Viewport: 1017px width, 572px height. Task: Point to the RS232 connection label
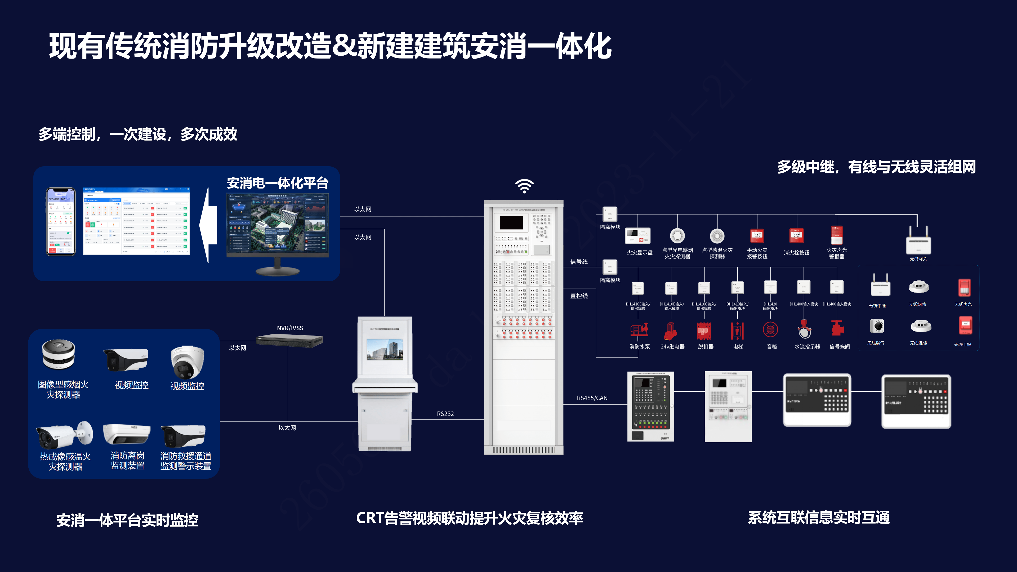pyautogui.click(x=445, y=414)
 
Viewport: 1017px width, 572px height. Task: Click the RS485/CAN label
pyautogui.click(x=592, y=398)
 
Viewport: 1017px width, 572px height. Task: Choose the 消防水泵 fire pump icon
pyautogui.click(x=639, y=330)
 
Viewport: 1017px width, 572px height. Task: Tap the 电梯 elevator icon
pyautogui.click(x=737, y=331)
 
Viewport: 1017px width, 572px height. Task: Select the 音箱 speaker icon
pyautogui.click(x=770, y=330)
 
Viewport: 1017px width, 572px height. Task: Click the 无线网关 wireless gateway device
pyautogui.click(x=918, y=240)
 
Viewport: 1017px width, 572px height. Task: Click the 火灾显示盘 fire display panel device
pyautogui.click(x=637, y=236)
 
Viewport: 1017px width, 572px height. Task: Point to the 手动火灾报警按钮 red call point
pyautogui.click(x=757, y=236)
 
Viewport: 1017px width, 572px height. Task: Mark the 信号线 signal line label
pyautogui.click(x=579, y=262)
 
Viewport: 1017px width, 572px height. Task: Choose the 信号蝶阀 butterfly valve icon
pyautogui.click(x=837, y=328)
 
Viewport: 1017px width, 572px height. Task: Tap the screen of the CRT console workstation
pyautogui.click(x=385, y=349)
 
